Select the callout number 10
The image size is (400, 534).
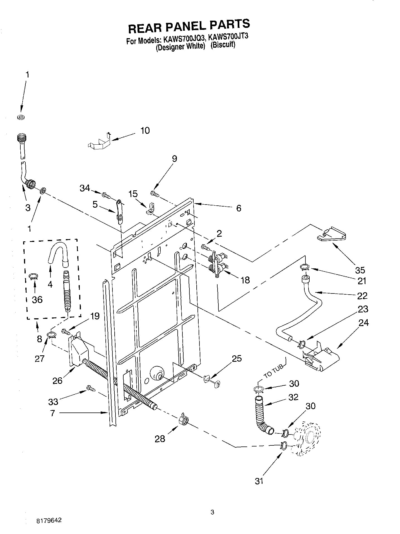145,130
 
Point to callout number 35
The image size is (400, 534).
360,270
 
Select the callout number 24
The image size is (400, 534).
363,323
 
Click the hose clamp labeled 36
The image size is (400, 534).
34,276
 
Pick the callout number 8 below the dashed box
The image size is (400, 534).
39,339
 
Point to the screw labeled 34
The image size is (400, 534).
106,195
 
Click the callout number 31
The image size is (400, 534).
259,481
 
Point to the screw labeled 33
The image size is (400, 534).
91,388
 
